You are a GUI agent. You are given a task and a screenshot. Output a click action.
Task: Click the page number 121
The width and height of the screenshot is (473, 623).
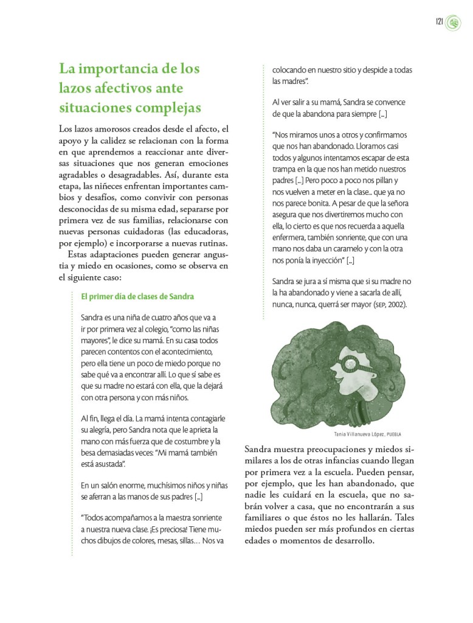tap(438, 23)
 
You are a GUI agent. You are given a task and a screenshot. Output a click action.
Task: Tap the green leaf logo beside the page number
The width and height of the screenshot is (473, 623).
tap(454, 23)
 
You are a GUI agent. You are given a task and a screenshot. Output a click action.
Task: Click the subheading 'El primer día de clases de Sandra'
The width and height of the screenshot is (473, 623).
tap(137, 297)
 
